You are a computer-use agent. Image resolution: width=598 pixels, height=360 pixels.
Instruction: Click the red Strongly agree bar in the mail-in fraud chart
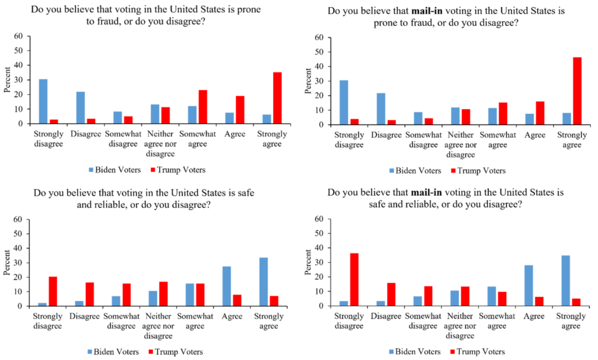[577, 91]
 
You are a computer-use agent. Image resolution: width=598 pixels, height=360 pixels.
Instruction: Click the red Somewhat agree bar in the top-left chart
[201, 107]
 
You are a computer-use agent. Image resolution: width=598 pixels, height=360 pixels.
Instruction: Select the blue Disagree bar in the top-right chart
[381, 109]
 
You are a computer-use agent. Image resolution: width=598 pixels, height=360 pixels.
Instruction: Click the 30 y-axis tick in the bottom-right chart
[319, 262]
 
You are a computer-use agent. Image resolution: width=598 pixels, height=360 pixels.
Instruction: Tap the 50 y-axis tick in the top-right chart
[319, 52]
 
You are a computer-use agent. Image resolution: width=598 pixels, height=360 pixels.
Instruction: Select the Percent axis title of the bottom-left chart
[6, 263]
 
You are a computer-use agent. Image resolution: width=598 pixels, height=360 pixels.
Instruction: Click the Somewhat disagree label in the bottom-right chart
[423, 320]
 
